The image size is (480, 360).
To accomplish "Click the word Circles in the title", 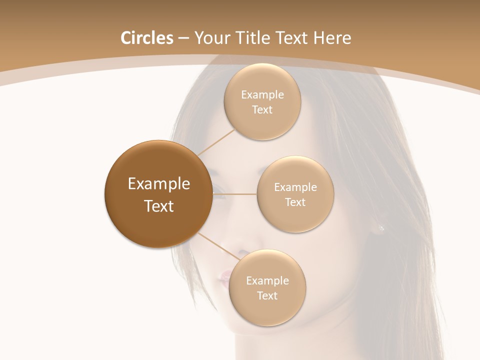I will pyautogui.click(x=146, y=38).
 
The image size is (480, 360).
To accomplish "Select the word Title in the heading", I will pyautogui.click(x=254, y=38).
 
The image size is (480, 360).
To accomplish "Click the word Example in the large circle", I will pyautogui.click(x=158, y=184).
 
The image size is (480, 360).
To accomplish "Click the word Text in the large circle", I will pyautogui.click(x=158, y=206).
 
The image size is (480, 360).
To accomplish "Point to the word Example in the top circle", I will pyautogui.click(x=262, y=95).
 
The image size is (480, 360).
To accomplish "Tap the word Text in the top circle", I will pyautogui.click(x=262, y=110).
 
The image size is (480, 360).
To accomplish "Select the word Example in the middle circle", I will pyautogui.click(x=295, y=187).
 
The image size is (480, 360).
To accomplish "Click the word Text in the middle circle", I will pyautogui.click(x=295, y=202).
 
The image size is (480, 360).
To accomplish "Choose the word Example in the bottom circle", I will pyautogui.click(x=267, y=281).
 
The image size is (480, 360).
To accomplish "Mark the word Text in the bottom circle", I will pyautogui.click(x=267, y=296).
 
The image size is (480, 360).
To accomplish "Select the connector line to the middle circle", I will pyautogui.click(x=235, y=194).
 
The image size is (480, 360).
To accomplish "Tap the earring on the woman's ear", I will pyautogui.click(x=381, y=228).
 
